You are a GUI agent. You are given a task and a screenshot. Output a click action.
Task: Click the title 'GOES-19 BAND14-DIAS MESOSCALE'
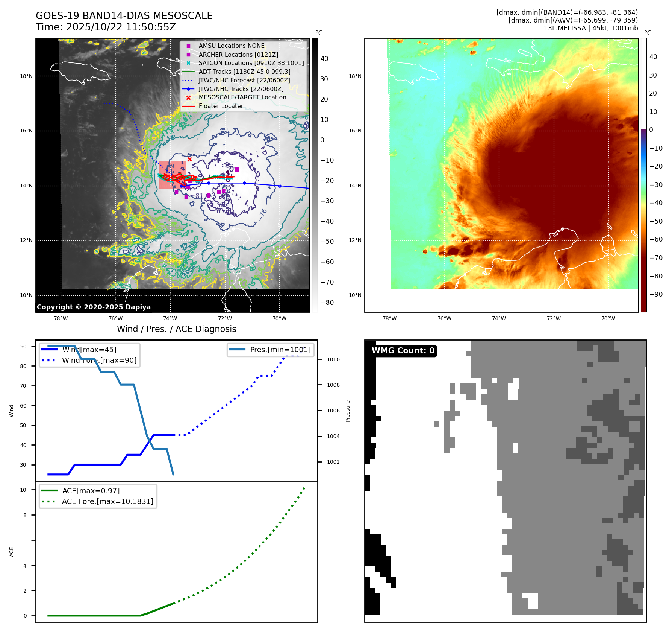click(x=124, y=16)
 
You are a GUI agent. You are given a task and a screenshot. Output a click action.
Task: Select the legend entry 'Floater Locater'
click(x=221, y=106)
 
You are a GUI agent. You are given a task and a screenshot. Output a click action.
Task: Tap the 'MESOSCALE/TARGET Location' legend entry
click(x=242, y=97)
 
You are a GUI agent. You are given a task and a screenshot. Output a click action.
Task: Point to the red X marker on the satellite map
click(x=189, y=160)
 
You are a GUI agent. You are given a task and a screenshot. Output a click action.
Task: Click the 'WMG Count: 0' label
click(x=403, y=351)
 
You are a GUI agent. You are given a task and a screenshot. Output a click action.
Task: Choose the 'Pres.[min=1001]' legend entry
click(x=280, y=350)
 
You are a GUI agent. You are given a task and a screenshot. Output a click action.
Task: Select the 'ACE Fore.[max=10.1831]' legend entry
click(x=107, y=502)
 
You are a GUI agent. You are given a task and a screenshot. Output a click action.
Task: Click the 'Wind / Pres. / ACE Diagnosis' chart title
click(x=176, y=329)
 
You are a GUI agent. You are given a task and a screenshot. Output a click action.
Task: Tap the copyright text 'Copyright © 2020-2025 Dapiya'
click(x=94, y=307)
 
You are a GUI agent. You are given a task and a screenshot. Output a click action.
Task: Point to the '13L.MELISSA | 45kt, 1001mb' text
click(x=590, y=28)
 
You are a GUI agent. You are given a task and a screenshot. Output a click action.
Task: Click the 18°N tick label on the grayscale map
click(x=26, y=76)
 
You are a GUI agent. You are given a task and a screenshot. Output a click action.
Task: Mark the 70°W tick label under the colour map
click(x=608, y=319)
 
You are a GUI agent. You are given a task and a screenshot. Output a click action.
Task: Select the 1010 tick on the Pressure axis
click(x=333, y=360)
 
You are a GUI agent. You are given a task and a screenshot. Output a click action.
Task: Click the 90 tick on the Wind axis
click(x=23, y=347)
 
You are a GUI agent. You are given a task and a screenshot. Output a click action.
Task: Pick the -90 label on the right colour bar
click(x=656, y=294)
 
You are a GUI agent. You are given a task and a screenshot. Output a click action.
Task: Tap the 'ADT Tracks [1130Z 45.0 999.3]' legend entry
click(x=244, y=72)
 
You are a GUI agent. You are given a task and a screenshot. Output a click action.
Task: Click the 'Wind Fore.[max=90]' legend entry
click(x=99, y=361)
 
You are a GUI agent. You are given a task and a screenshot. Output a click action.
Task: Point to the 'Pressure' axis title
click(x=348, y=411)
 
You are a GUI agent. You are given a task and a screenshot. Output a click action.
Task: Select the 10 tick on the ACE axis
click(x=23, y=490)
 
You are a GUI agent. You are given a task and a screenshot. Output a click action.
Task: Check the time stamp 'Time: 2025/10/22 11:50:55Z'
click(x=106, y=27)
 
